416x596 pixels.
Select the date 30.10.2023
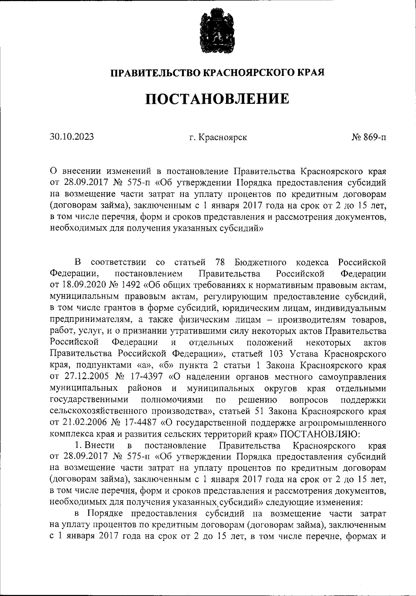point(72,137)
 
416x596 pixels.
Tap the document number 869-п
point(374,137)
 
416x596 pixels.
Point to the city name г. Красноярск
point(218,137)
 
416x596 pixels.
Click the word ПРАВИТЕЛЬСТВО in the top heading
point(155,73)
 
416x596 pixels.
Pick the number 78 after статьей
point(220,263)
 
